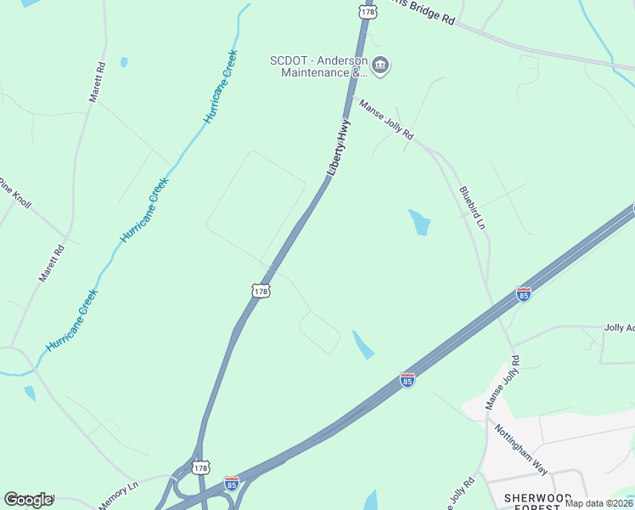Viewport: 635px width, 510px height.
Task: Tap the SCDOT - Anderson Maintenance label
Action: (318, 66)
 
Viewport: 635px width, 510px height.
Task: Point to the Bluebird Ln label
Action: (472, 208)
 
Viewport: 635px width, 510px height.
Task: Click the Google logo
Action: (28, 499)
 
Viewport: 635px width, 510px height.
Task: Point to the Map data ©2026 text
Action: (598, 503)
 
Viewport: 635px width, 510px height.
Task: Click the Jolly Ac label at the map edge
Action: (618, 327)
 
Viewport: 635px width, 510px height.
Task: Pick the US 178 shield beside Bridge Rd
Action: (367, 11)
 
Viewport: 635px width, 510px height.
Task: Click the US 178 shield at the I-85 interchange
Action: (200, 467)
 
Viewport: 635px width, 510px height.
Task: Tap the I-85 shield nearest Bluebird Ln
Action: (524, 294)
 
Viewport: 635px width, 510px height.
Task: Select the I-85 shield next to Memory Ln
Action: (231, 484)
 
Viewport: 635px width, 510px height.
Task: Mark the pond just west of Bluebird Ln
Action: (419, 222)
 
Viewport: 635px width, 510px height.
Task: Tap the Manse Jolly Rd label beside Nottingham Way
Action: (501, 383)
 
